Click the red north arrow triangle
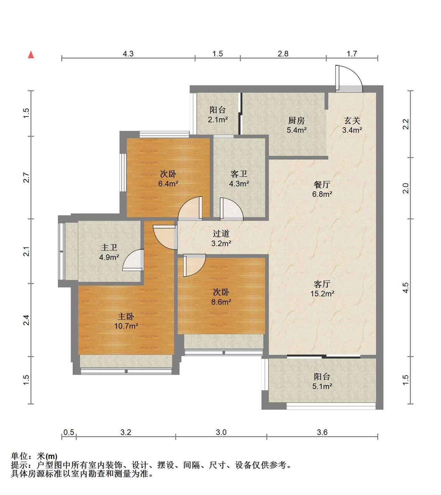(31, 55)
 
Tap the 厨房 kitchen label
(296, 120)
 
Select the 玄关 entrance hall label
(352, 120)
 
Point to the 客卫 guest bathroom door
(232, 209)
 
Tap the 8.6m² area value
(221, 302)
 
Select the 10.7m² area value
(126, 326)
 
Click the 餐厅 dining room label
(322, 184)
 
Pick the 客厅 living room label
(322, 284)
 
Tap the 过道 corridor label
(221, 234)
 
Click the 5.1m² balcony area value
(322, 386)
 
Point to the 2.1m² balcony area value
(217, 120)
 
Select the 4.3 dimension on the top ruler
(128, 54)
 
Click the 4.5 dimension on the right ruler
(406, 287)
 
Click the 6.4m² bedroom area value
(168, 183)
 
